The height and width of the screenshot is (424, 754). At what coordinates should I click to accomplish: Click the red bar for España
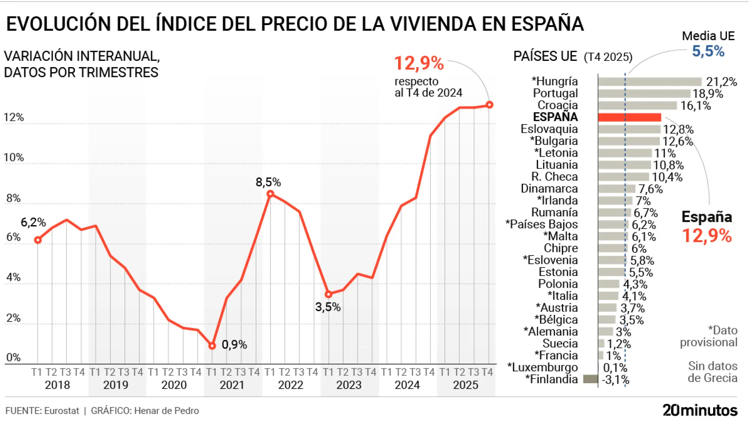point(629,117)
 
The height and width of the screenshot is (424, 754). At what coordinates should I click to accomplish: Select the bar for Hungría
point(650,82)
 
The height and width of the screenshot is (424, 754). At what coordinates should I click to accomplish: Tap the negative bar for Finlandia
point(590,379)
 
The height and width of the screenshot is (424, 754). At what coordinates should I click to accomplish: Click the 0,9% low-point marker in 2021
point(212,346)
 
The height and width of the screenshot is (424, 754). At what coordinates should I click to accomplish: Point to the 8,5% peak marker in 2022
point(270,194)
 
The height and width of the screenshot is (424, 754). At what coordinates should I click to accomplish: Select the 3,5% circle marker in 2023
point(329,294)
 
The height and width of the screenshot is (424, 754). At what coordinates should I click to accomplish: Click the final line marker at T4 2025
point(489,105)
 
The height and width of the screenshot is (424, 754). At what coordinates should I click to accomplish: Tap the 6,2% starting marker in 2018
point(38,240)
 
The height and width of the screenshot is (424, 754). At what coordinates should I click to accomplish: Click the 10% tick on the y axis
point(14,158)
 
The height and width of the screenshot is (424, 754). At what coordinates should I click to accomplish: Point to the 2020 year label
point(174,385)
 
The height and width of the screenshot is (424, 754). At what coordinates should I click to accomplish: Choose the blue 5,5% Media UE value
point(708,51)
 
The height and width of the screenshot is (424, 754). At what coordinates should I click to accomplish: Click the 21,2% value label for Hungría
point(721,82)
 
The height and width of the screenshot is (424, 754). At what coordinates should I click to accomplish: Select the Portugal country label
point(555,93)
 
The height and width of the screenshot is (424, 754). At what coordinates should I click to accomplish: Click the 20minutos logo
point(700,410)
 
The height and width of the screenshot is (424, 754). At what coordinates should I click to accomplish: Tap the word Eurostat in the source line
point(62,411)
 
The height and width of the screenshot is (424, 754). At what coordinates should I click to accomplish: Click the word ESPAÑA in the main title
point(547,24)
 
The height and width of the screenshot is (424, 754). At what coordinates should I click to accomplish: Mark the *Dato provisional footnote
point(709,336)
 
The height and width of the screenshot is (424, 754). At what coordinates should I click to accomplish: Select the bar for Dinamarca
point(617,189)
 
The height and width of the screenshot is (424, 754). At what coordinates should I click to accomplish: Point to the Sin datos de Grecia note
point(712,372)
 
